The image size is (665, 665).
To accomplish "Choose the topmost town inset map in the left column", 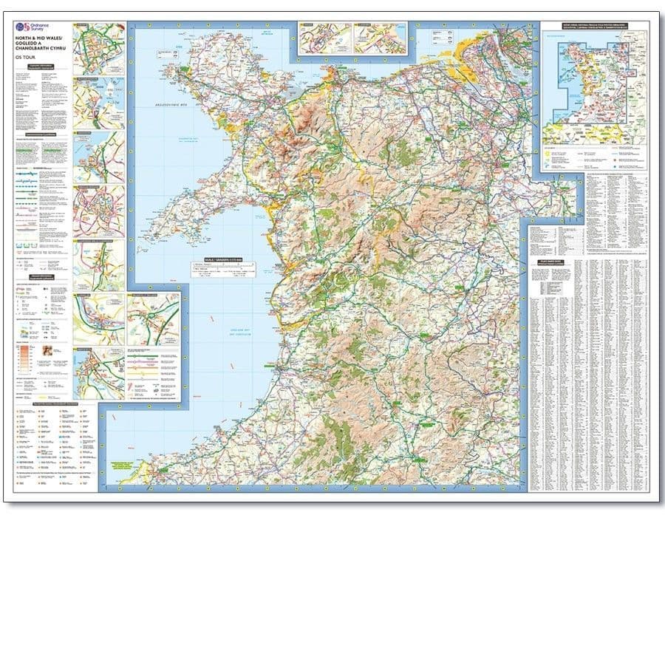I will pyautogui.click(x=98, y=48).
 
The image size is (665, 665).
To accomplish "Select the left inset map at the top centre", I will pyautogui.click(x=324, y=38).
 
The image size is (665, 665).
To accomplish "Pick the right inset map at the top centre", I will pyautogui.click(x=380, y=38).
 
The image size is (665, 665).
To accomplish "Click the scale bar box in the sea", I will pyautogui.click(x=221, y=270).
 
